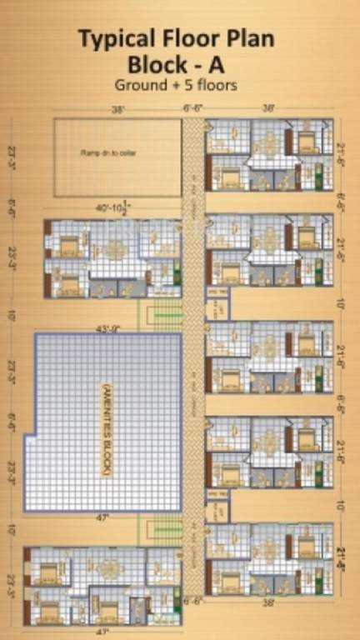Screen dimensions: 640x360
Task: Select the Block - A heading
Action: tap(177, 63)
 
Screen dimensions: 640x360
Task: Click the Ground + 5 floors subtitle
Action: tap(177, 85)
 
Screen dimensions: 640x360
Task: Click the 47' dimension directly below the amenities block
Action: tap(102, 517)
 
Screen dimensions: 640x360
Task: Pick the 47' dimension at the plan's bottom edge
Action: tap(102, 632)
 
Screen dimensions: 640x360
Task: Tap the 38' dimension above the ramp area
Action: tap(120, 109)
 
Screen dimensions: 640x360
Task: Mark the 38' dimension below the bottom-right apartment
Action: tap(268, 602)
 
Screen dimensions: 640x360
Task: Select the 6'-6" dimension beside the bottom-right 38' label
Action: tap(192, 601)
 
